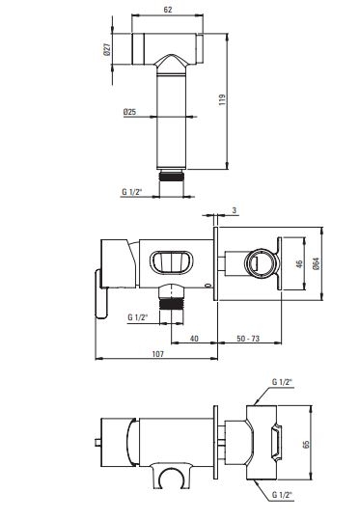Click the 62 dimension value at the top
click(x=168, y=10)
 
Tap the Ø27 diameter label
click(x=107, y=49)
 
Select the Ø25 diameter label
click(x=129, y=112)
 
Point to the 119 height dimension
click(x=222, y=99)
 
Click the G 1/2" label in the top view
click(x=132, y=192)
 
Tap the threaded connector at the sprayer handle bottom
click(x=171, y=176)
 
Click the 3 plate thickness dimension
click(x=235, y=210)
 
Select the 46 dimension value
click(x=299, y=264)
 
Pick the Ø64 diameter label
click(x=317, y=263)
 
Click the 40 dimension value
click(x=194, y=339)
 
